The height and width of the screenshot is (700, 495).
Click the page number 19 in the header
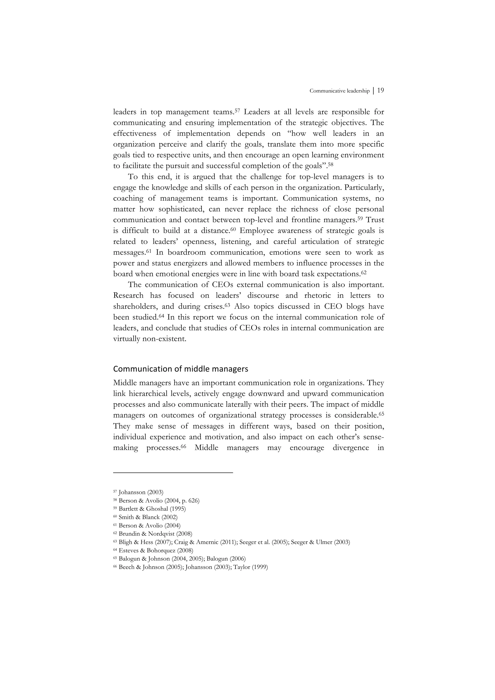pos(380,91)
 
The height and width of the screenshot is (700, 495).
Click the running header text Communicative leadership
pos(339,91)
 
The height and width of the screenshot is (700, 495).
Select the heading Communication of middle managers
pos(181,369)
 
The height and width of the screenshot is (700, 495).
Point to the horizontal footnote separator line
pos(173,472)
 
